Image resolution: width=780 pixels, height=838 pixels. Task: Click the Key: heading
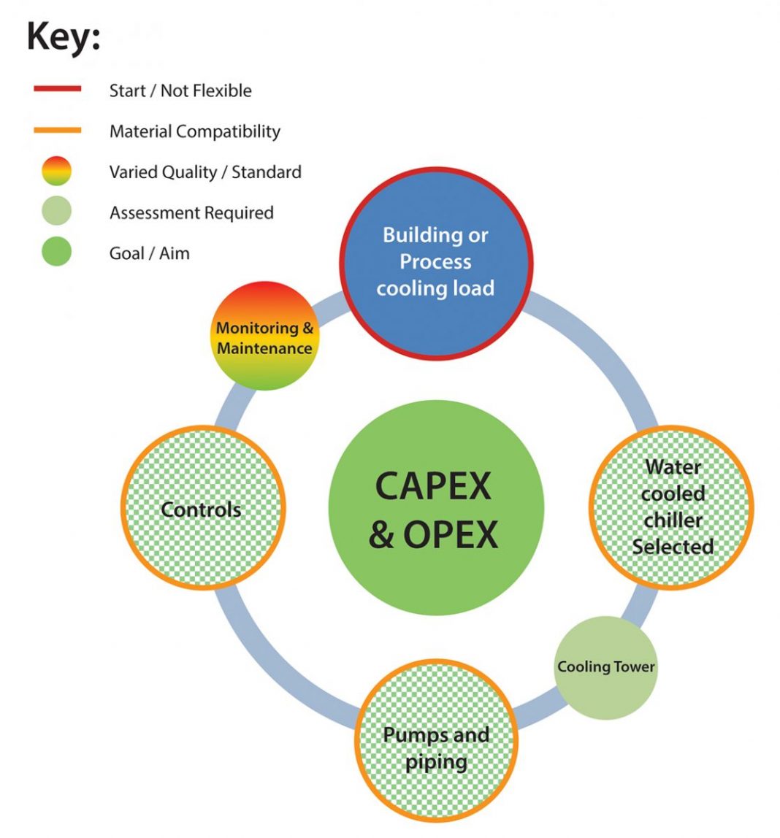64,37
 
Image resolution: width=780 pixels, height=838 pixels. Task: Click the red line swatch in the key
57,89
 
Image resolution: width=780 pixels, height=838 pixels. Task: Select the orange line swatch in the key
57,131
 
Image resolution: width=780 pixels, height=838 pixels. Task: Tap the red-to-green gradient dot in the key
57,172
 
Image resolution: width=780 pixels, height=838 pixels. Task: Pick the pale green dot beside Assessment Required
57,212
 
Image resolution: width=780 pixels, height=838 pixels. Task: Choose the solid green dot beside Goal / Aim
57,253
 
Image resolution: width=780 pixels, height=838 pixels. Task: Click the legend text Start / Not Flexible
180,91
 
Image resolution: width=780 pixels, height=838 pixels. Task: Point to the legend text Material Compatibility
194,131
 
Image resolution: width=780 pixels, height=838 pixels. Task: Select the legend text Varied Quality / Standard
205,172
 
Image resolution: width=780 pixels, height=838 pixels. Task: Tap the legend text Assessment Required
191,213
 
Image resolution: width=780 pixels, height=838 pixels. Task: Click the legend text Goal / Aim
149,254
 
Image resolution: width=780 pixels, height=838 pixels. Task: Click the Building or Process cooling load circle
435,262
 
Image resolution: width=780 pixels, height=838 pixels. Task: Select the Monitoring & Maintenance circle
264,337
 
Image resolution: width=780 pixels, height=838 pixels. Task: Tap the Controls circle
202,509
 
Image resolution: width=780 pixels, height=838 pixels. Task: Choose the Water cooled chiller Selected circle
672,507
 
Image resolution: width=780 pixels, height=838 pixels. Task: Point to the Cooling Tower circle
605,666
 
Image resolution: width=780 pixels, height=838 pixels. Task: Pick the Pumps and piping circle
436,747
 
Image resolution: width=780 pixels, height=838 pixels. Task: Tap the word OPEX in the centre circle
451,535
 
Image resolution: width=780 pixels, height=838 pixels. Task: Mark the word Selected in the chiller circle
673,547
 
